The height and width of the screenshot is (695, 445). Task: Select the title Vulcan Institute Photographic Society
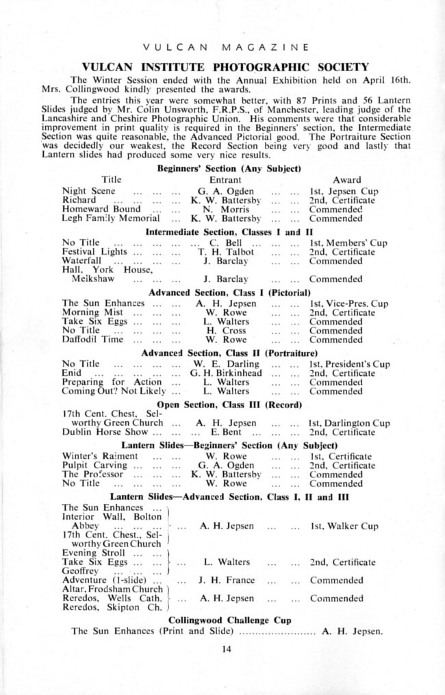225,67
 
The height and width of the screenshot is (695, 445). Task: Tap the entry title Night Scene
88,191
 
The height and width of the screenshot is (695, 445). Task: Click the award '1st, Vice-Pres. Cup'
348,303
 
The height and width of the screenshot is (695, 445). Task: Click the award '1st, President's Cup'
349,364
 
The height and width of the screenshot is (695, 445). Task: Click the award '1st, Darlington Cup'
349,424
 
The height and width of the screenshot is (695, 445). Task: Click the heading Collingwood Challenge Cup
230,620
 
